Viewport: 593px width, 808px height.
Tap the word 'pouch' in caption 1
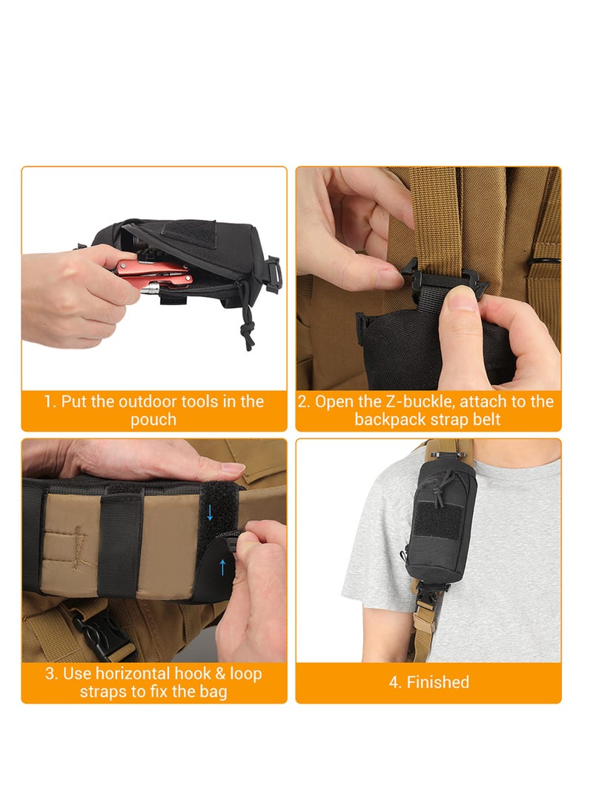point(153,419)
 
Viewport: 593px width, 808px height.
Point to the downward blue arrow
point(210,510)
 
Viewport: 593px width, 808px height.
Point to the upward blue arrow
point(222,567)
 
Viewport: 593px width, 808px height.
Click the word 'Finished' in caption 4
point(437,682)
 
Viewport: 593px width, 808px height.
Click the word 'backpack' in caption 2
point(385,419)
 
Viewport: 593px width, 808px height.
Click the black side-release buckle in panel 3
point(96,636)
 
